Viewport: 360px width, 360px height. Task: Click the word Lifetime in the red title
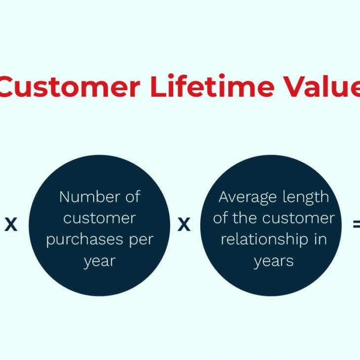tap(213, 85)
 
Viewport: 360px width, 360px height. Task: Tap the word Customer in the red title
tap(69, 86)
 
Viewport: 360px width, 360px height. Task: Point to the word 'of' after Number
tap(133, 197)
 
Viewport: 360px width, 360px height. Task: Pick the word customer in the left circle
tap(100, 218)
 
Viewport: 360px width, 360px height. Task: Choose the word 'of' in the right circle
tap(220, 217)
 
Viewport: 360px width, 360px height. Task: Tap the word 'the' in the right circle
tap(245, 217)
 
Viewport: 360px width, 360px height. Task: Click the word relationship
tap(264, 240)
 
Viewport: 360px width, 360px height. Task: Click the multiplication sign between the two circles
tap(184, 224)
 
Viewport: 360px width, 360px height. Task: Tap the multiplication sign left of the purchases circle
tap(11, 224)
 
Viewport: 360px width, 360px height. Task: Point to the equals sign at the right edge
tap(357, 224)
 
